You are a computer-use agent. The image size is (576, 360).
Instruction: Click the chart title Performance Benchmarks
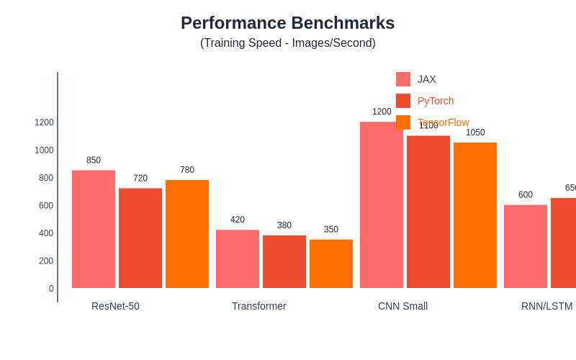[287, 23]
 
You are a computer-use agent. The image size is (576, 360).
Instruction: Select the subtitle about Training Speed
[287, 43]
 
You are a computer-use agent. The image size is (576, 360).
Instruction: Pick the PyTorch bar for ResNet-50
[140, 238]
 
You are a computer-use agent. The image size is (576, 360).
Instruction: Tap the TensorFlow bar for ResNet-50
[187, 234]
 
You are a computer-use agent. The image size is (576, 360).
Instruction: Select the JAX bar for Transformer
[238, 259]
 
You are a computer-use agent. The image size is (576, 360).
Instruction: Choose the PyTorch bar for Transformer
[284, 262]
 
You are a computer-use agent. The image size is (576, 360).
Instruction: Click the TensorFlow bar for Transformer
[331, 264]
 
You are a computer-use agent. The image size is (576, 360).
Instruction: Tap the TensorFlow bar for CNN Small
[475, 215]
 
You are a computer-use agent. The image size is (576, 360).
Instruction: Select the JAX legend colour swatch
[403, 79]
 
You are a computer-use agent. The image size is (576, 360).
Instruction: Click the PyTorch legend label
[436, 101]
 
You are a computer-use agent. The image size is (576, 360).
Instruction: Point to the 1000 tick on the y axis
[44, 150]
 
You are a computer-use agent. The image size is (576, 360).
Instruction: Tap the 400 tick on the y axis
[46, 233]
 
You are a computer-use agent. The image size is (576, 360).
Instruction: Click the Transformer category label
[259, 306]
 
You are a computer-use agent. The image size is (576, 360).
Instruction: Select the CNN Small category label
[402, 306]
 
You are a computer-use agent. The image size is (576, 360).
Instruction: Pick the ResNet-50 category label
[115, 306]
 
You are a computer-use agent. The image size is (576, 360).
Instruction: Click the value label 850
[94, 161]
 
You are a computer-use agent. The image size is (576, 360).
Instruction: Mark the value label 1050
[475, 132]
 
